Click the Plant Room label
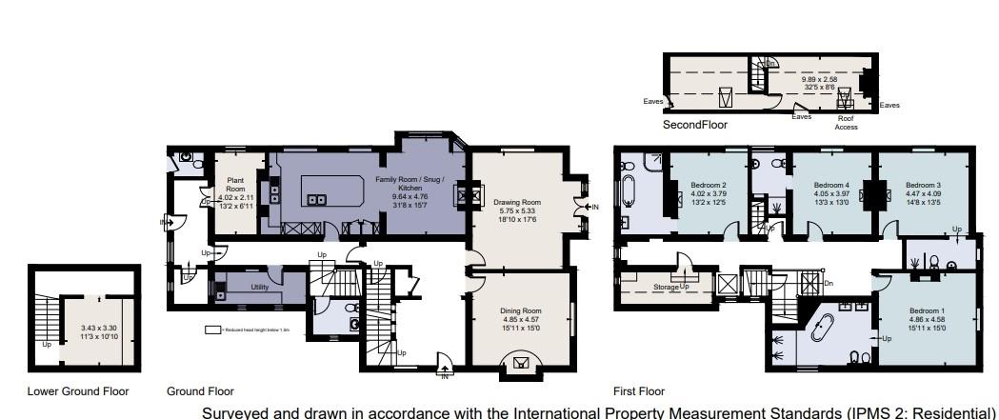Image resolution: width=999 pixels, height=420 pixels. click(x=236, y=184)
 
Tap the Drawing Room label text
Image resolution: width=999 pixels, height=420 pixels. click(x=517, y=202)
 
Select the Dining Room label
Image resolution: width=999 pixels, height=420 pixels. click(x=520, y=310)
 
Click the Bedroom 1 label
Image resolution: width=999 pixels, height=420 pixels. click(x=928, y=311)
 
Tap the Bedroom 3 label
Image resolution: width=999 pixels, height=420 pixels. click(x=923, y=185)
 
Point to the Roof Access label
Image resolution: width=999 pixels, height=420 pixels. click(x=847, y=123)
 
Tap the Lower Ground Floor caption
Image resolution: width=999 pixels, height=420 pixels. click(x=78, y=391)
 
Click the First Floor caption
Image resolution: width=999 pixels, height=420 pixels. click(x=639, y=391)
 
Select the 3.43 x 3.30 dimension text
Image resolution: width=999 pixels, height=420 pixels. click(x=97, y=328)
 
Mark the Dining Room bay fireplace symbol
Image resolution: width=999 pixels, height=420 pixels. click(x=520, y=362)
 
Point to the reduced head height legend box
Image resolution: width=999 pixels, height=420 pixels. click(x=212, y=330)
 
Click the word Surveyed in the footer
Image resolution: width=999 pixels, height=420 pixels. click(x=236, y=413)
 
